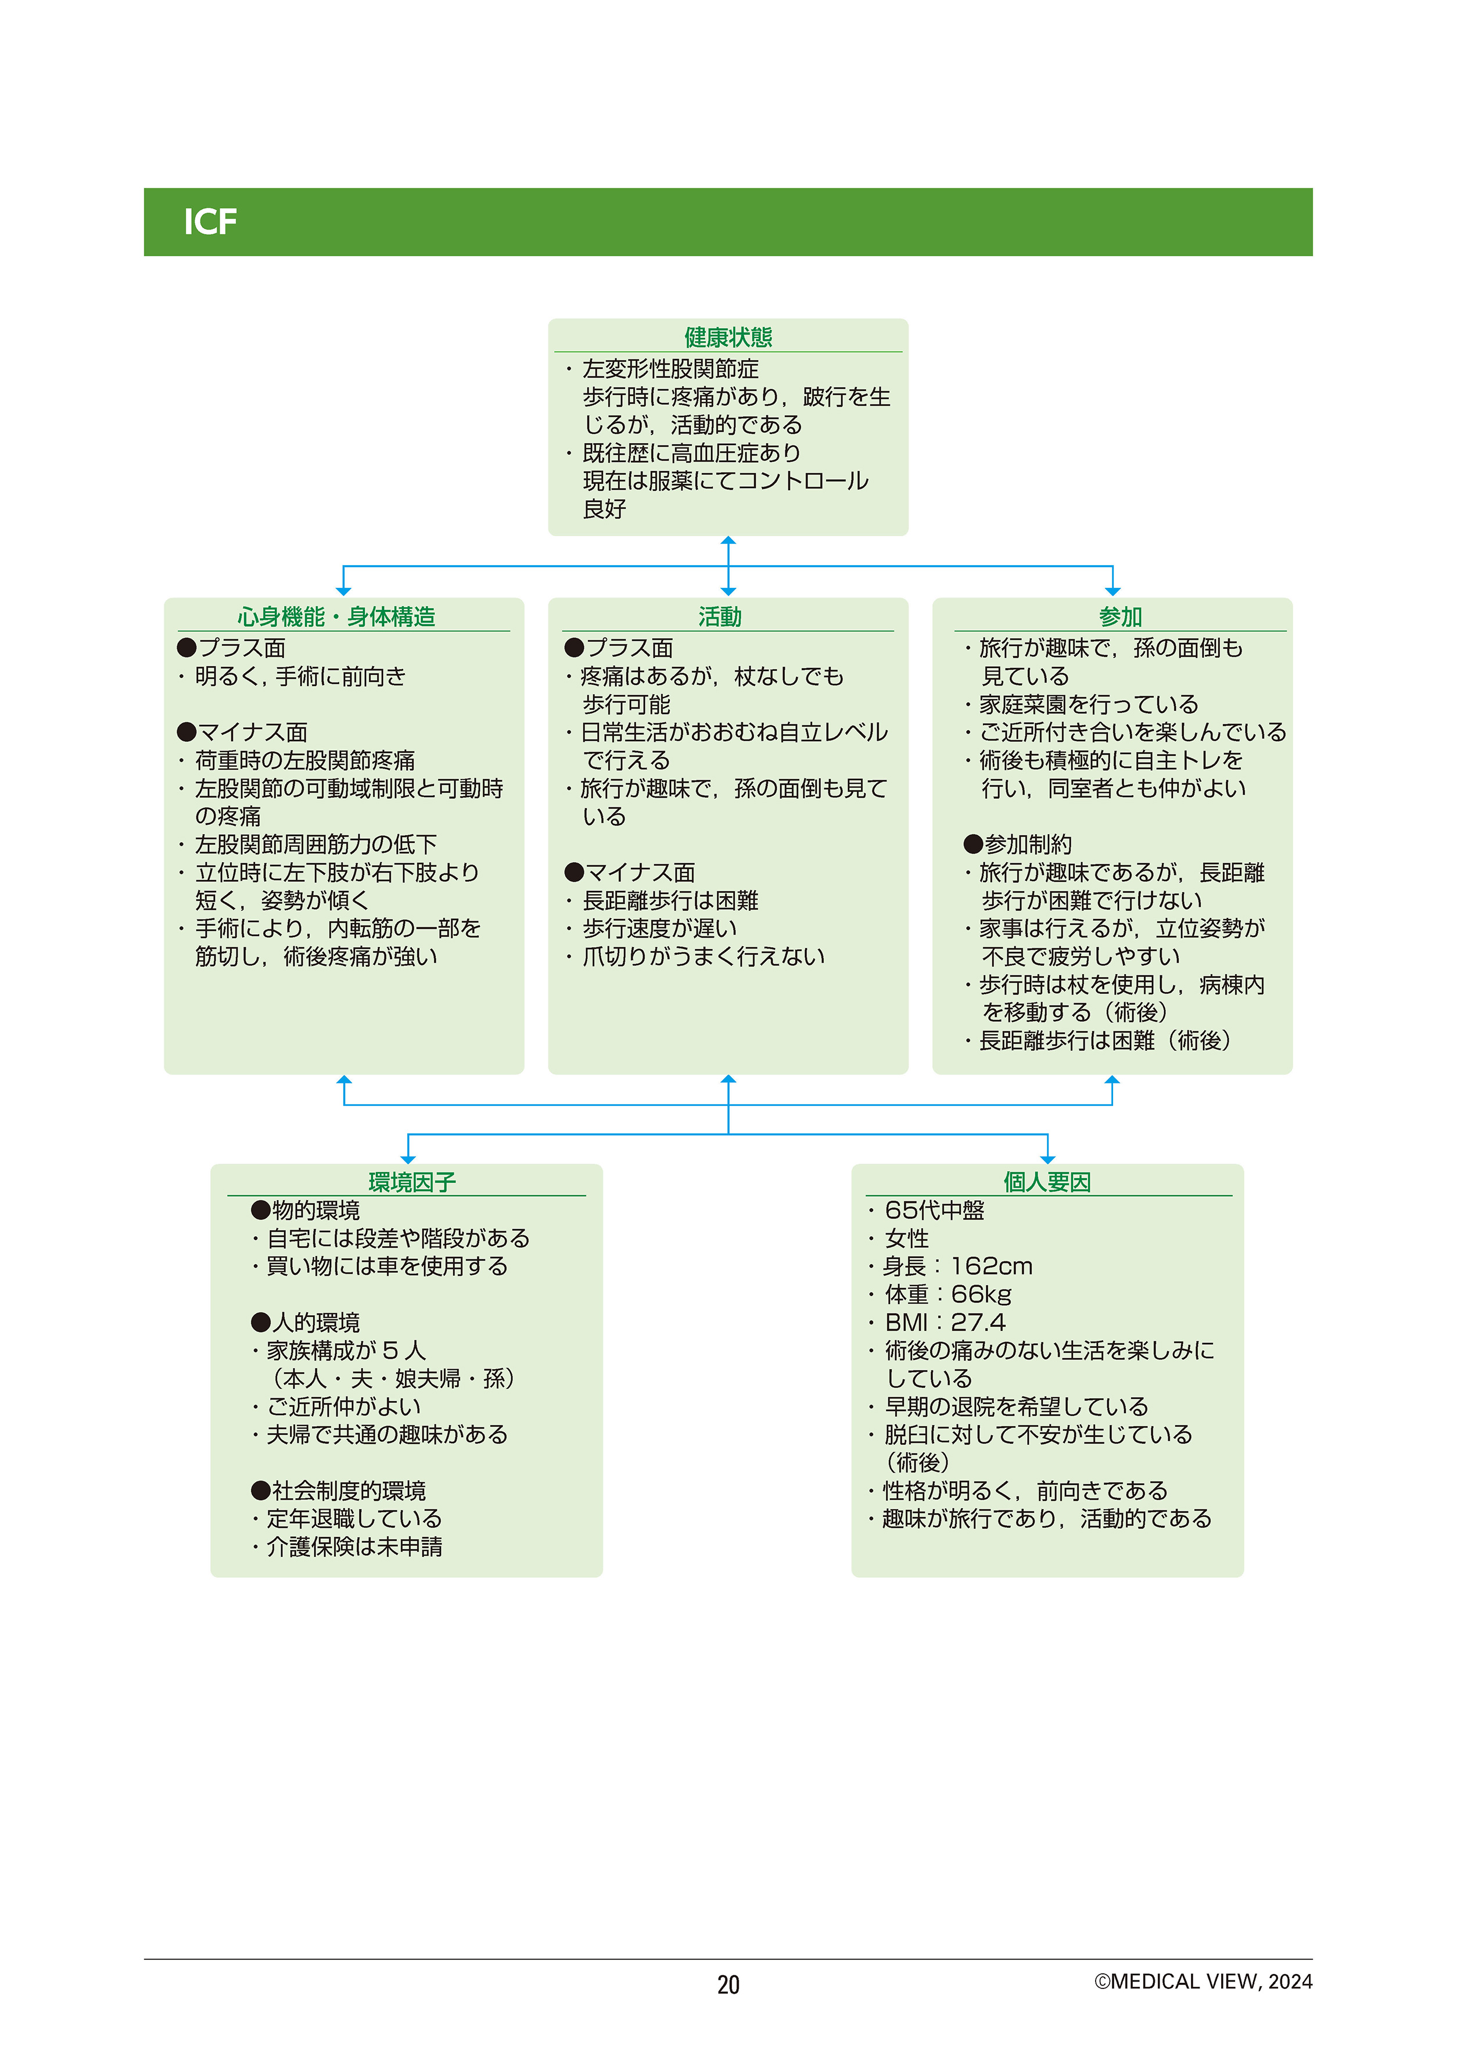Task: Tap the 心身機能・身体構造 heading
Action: pyautogui.click(x=336, y=616)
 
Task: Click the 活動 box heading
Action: pyautogui.click(x=720, y=616)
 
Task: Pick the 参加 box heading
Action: pyautogui.click(x=1121, y=616)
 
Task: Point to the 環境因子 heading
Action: pyautogui.click(x=412, y=1182)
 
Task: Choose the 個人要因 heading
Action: pyautogui.click(x=1047, y=1182)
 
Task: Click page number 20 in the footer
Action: pyautogui.click(x=728, y=1984)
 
